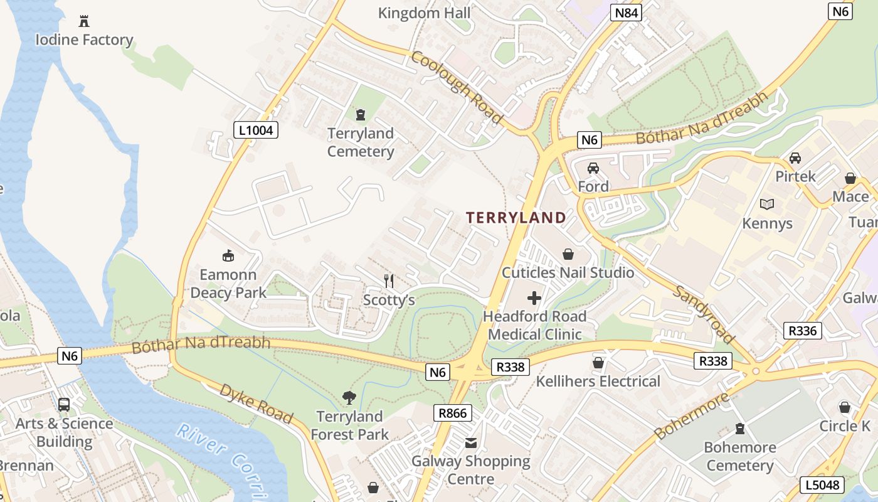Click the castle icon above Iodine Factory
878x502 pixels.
(84, 21)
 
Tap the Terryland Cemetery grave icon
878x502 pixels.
(361, 115)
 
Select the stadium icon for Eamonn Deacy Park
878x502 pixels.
(228, 255)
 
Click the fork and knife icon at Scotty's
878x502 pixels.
(389, 281)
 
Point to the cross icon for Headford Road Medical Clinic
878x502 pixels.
(534, 298)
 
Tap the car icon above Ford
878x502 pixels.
(593, 168)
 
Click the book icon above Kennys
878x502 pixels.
(766, 204)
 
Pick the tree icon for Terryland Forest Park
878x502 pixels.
(349, 398)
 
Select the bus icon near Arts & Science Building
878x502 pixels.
(64, 405)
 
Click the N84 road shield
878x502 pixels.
(626, 13)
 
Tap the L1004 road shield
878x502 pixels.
(256, 130)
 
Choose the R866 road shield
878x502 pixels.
(453, 413)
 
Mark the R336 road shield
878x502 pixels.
(803, 330)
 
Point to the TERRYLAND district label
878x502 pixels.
(516, 218)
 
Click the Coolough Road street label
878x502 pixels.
(457, 87)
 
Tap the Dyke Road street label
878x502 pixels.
(256, 403)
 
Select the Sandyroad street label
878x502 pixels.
(705, 314)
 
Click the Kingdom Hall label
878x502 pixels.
(425, 13)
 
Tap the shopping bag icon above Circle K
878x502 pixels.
(845, 407)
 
